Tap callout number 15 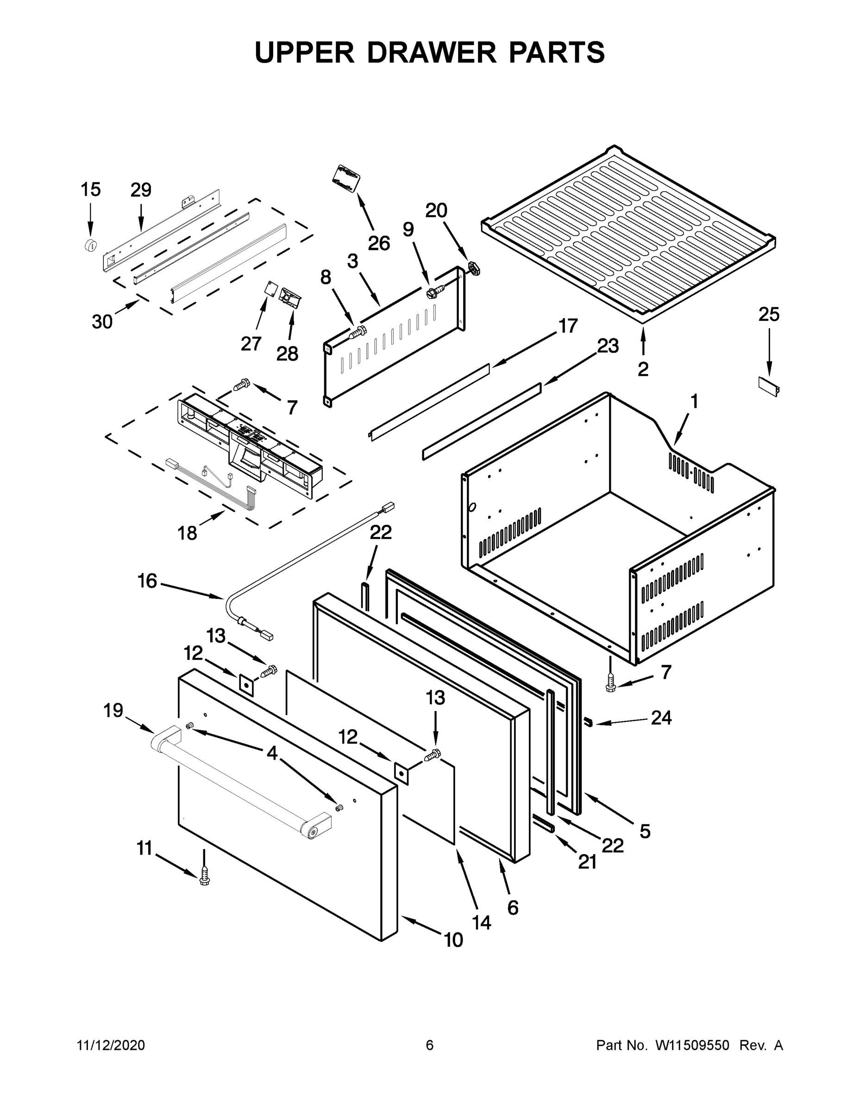point(91,190)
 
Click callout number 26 point(379,243)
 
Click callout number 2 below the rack point(643,369)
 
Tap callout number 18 point(187,533)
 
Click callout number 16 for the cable point(147,581)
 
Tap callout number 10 point(453,940)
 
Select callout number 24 point(661,718)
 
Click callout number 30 point(102,322)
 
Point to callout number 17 point(568,325)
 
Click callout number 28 point(287,353)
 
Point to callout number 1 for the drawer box point(694,402)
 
